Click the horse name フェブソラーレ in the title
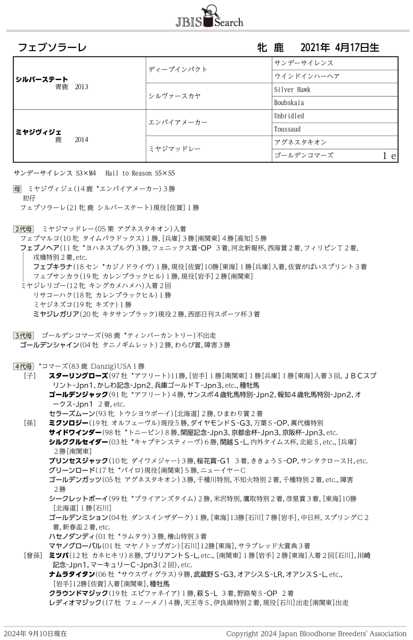pyautogui.click(x=52, y=47)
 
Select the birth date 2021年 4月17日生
pyautogui.click(x=340, y=47)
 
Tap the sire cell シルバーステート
pyautogui.click(x=43, y=79)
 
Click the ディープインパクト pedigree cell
pyautogui.click(x=177, y=69)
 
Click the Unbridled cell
pyautogui.click(x=289, y=116)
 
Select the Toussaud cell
pyautogui.click(x=287, y=129)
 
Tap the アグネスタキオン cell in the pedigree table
pyautogui.click(x=300, y=142)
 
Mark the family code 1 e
pyautogui.click(x=389, y=156)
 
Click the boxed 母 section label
pyautogui.click(x=18, y=189)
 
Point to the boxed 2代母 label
pyautogui.click(x=23, y=229)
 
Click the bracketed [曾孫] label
pyautogui.click(x=32, y=555)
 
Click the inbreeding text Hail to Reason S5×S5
pyautogui.click(x=141, y=173)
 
